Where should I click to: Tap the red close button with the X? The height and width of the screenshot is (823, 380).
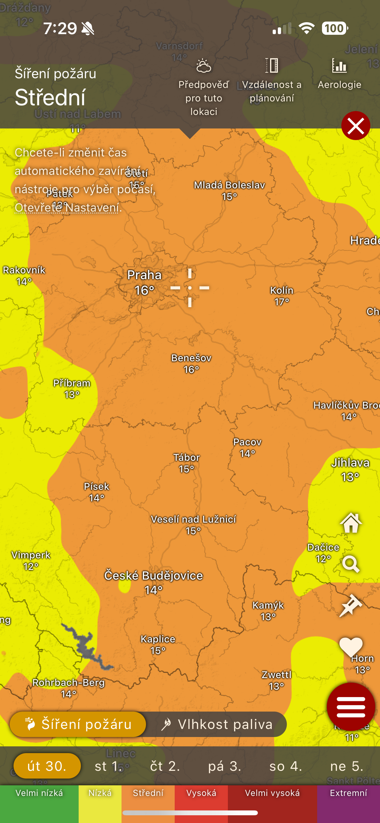(x=356, y=126)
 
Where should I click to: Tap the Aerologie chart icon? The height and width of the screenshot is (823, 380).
(x=339, y=66)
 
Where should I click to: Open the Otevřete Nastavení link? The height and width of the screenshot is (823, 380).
(x=67, y=208)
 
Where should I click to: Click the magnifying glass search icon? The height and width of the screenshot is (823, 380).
(x=351, y=564)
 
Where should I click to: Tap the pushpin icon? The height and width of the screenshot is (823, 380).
(x=351, y=606)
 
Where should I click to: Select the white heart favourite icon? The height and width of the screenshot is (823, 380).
(x=351, y=646)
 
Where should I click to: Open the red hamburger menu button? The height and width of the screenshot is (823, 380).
(x=351, y=707)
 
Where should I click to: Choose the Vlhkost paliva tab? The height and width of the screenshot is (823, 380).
(x=217, y=724)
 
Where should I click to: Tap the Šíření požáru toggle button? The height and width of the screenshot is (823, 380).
(x=78, y=724)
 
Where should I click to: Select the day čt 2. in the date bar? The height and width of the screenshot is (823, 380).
(x=165, y=766)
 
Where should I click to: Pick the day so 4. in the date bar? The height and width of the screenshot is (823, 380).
(x=286, y=766)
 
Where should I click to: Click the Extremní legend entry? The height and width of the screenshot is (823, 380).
(x=348, y=793)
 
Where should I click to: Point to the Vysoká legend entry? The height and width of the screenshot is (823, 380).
(x=201, y=793)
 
